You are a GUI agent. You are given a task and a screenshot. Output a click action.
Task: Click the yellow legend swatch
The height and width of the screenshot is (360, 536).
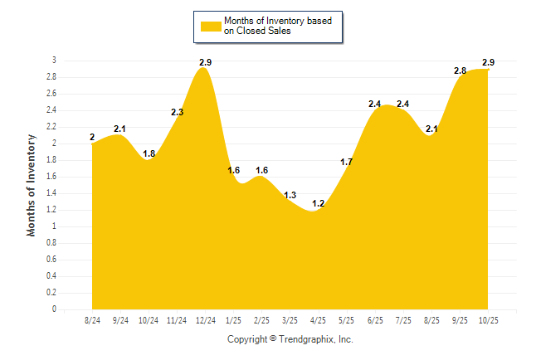click(x=210, y=26)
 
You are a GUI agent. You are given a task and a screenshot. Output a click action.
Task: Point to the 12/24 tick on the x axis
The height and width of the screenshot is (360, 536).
click(x=205, y=320)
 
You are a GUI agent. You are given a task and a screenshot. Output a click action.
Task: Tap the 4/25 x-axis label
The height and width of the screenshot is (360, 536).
click(x=319, y=320)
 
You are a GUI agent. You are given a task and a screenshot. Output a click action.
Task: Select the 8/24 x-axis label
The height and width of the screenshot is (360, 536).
click(x=93, y=320)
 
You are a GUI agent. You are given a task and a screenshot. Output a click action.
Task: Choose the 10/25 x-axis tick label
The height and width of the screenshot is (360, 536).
click(x=488, y=320)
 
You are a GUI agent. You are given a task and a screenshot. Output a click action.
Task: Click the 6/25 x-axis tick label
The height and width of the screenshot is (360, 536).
click(x=375, y=320)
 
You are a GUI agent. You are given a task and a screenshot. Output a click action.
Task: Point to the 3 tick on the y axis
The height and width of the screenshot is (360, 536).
click(x=55, y=61)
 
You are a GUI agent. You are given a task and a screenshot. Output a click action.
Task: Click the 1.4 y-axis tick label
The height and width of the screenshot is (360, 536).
click(x=51, y=193)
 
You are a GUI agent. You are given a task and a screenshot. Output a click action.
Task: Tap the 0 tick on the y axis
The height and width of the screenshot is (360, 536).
click(x=55, y=309)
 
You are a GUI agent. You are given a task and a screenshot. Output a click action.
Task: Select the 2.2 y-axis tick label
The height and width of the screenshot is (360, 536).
click(x=51, y=127)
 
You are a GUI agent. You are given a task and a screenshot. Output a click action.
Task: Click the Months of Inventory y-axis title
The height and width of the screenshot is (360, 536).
click(x=32, y=185)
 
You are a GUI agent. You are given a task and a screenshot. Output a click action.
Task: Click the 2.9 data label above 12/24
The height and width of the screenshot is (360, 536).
click(x=206, y=63)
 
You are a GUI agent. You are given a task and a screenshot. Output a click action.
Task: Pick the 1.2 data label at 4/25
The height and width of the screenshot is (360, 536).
click(x=319, y=203)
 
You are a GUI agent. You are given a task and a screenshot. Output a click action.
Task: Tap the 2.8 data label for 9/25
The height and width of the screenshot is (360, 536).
click(x=460, y=71)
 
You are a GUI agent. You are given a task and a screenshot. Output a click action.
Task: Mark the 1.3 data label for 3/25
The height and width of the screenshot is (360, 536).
click(x=290, y=195)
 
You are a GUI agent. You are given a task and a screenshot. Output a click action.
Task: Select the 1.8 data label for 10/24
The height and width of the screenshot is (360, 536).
click(x=149, y=153)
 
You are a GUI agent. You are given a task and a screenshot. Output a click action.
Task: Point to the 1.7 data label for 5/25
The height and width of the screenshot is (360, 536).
click(x=347, y=162)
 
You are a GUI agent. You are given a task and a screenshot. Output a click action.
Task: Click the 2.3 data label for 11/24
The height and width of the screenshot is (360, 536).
click(x=178, y=112)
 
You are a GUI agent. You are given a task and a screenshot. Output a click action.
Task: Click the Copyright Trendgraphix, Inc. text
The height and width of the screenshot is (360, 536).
click(x=290, y=340)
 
